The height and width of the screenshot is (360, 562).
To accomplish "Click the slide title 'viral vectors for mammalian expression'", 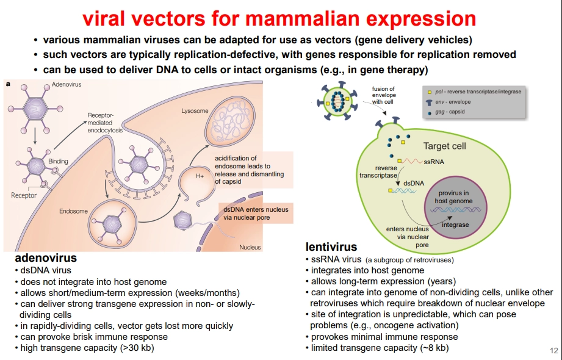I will point(279,18).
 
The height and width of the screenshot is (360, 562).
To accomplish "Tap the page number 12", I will point(554,350).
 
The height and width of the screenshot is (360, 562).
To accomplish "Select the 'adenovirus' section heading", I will point(46,258).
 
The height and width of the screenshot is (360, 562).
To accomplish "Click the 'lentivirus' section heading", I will point(331,247).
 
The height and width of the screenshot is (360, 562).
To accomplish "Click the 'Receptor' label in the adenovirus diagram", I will point(24,195).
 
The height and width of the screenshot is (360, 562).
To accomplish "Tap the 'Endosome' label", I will point(73,211).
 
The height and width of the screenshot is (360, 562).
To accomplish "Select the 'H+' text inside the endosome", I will point(199,175).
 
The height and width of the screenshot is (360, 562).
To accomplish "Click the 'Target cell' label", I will point(445,146).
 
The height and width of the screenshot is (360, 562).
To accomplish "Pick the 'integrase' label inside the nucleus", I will point(455,225).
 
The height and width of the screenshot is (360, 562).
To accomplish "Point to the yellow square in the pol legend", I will point(430,92).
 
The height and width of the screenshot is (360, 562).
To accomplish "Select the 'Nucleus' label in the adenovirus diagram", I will point(250,247).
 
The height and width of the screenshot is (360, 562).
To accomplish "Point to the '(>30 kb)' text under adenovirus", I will point(137,348).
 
